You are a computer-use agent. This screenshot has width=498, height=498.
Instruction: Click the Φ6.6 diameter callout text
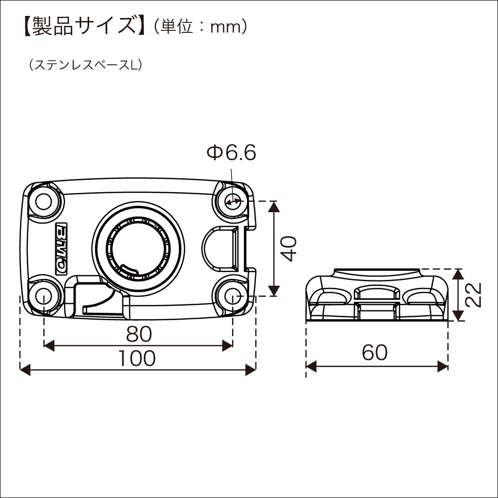[231, 153]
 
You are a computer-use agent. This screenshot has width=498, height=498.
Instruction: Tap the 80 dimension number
[139, 334]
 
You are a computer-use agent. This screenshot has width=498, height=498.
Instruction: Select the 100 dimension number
[137, 358]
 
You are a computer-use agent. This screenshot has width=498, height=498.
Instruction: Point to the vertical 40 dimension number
[290, 249]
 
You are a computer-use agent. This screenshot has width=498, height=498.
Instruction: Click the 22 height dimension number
[474, 294]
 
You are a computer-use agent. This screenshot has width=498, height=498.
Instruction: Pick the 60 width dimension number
[375, 353]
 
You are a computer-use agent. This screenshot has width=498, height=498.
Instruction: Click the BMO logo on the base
[62, 249]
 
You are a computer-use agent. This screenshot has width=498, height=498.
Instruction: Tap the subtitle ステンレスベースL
[85, 65]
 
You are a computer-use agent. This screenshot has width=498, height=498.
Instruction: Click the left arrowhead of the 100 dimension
[25, 370]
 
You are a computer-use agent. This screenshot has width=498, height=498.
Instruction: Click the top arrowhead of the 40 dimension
[274, 207]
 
